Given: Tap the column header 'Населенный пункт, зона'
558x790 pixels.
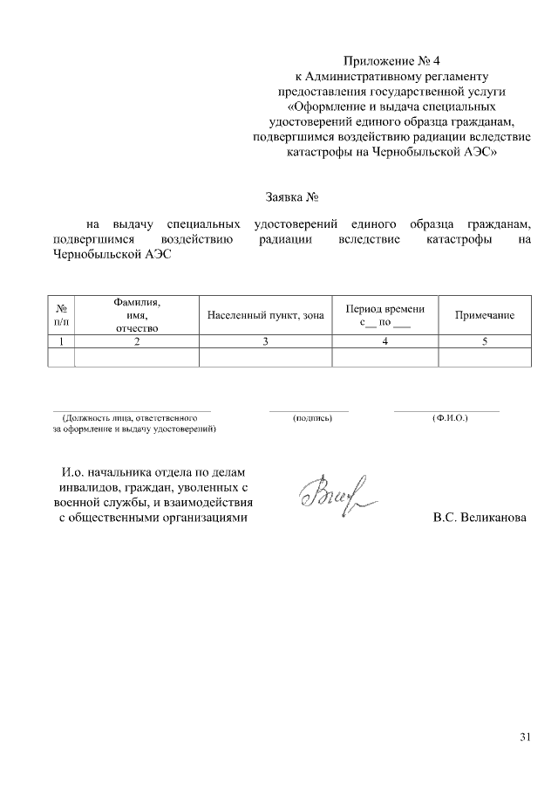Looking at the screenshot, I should point(266,315).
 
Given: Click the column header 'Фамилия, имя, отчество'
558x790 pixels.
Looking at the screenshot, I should point(137,315).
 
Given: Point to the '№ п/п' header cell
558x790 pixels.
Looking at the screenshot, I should point(62,315).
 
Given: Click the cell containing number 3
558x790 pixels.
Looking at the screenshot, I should point(266,342).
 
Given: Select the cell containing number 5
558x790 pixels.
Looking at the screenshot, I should point(485,342).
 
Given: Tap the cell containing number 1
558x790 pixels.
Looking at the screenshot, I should point(62,342).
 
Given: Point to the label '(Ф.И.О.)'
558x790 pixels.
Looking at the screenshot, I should point(450,418).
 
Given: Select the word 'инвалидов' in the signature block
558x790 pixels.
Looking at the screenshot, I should point(91,488).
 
